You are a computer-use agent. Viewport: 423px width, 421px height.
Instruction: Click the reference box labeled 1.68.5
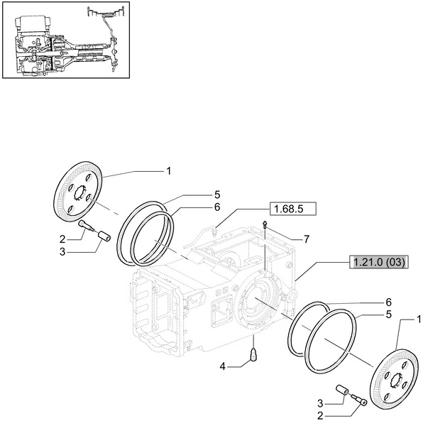click(292, 209)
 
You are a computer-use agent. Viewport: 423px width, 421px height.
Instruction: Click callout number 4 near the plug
click(222, 366)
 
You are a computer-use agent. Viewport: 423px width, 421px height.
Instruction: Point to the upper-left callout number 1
click(168, 170)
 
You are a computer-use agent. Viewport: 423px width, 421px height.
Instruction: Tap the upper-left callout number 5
click(218, 193)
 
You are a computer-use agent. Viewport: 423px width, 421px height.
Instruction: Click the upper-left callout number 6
click(218, 207)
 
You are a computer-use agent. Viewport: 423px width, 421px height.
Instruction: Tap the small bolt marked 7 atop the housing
click(264, 225)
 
